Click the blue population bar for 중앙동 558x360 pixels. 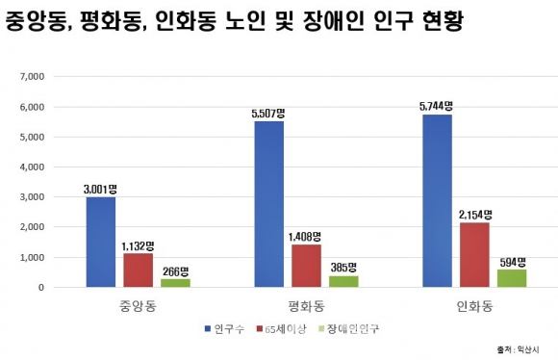tap(101, 243)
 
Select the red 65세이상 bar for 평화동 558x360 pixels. tap(306, 266)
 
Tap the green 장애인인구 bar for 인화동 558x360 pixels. tap(512, 278)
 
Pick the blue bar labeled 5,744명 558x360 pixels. tap(438, 201)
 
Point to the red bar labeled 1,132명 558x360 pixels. tap(139, 270)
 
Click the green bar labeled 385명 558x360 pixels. tap(343, 281)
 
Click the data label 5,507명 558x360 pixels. tap(268, 114)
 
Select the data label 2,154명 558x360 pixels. tap(475, 215)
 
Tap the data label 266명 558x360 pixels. tap(175, 271)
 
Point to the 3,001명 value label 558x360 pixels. tap(100, 190)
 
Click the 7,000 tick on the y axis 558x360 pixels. tap(32, 77)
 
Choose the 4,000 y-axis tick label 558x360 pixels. tap(32, 167)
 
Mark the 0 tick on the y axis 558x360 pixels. tap(41, 288)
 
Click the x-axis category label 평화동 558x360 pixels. tap(306, 306)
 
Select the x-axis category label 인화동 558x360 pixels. tap(474, 306)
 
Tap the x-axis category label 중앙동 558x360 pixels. tap(139, 306)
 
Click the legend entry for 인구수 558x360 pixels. tap(224, 328)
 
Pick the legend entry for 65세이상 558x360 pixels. tap(281, 328)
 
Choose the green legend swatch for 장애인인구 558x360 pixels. tap(321, 328)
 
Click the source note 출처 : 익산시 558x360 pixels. tap(519, 349)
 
